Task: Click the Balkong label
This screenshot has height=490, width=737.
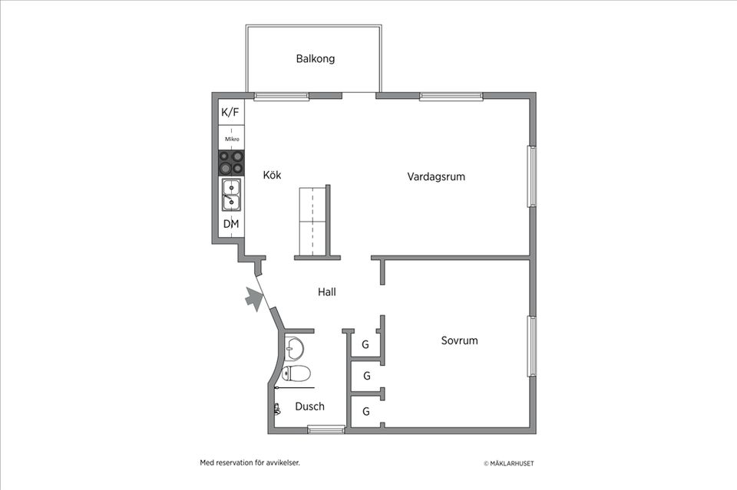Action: pyautogui.click(x=316, y=59)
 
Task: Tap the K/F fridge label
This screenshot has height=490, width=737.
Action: pyautogui.click(x=230, y=113)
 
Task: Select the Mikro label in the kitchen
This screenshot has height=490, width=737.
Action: pyautogui.click(x=232, y=140)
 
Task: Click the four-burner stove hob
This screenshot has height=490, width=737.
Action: pyautogui.click(x=231, y=162)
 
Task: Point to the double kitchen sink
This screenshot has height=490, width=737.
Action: pyautogui.click(x=231, y=194)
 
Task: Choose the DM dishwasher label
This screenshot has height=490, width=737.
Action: pyautogui.click(x=231, y=224)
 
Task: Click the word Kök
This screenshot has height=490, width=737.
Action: pyautogui.click(x=272, y=176)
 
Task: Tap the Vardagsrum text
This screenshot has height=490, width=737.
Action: pyautogui.click(x=436, y=177)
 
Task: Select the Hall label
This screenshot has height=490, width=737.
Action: pyautogui.click(x=327, y=292)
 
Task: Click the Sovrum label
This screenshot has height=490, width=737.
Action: pyautogui.click(x=459, y=340)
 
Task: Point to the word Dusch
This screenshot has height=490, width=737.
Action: pyautogui.click(x=309, y=406)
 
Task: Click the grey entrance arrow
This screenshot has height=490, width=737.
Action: pyautogui.click(x=253, y=298)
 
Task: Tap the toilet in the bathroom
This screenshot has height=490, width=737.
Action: pyautogui.click(x=296, y=374)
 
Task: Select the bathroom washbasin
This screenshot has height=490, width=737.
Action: pyautogui.click(x=293, y=348)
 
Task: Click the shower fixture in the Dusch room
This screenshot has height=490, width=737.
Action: pyautogui.click(x=276, y=409)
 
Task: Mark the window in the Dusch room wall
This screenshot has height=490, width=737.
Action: pyautogui.click(x=326, y=429)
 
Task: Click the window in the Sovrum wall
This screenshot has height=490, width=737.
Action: pyautogui.click(x=530, y=346)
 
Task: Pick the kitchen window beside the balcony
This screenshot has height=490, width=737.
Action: pyautogui.click(x=281, y=96)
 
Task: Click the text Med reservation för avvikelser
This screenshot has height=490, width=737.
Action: pyautogui.click(x=250, y=462)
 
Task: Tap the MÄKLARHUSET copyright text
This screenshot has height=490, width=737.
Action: pyautogui.click(x=509, y=463)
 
